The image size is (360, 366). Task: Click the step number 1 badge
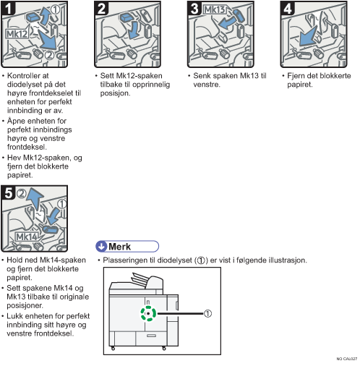pos(8,8)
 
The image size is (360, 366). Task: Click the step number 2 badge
pos(101,8)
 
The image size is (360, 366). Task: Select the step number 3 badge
pos(194,8)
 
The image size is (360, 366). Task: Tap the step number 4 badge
pos(287,8)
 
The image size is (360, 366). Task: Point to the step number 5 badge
pos(8,192)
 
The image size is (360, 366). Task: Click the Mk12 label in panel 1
pos(17,34)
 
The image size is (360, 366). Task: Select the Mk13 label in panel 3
pos(215,9)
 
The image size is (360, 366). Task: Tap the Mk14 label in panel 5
pos(27,237)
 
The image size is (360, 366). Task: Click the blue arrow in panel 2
pos(133,30)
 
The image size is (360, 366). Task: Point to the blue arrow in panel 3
pos(226,23)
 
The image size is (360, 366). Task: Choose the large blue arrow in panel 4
pos(308,36)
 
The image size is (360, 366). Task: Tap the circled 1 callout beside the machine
pos(207,313)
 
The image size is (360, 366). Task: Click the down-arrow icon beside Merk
pos(101,247)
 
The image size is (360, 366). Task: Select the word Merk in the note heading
pos(119,247)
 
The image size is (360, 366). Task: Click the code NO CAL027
pos(347,359)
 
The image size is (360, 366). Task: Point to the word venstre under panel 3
pos(207,85)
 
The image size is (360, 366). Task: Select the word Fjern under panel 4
pos(296,76)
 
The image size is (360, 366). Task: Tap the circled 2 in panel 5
pos(22,193)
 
